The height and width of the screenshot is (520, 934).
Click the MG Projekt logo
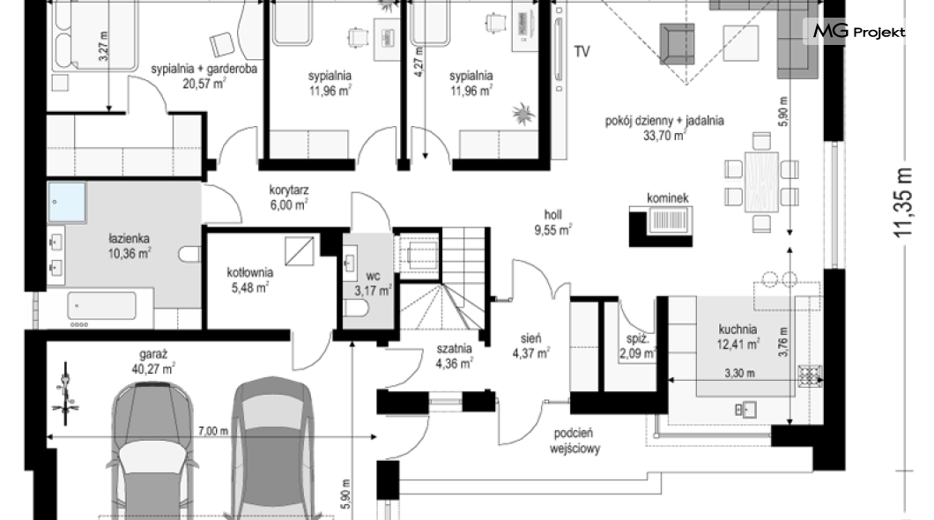pyautogui.click(x=859, y=31)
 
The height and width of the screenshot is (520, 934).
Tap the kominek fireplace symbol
pyautogui.click(x=662, y=225)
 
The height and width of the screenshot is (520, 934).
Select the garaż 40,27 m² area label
pyautogui.click(x=153, y=361)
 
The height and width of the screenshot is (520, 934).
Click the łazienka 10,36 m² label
pyautogui.click(x=130, y=246)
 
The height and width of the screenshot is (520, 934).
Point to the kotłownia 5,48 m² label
pyautogui.click(x=249, y=280)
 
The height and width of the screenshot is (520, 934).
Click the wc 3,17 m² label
pyautogui.click(x=373, y=284)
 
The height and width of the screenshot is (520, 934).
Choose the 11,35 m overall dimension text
pyautogui.click(x=904, y=202)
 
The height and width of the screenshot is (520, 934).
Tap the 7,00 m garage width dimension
pyautogui.click(x=212, y=431)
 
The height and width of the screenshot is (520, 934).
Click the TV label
pyautogui.click(x=582, y=51)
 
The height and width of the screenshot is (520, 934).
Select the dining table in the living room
pyautogui.click(x=761, y=182)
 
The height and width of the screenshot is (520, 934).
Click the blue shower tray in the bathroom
pyautogui.click(x=67, y=203)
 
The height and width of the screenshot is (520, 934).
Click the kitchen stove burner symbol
pyautogui.click(x=810, y=375)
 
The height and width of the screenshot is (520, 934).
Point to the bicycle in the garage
pyautogui.click(x=67, y=394)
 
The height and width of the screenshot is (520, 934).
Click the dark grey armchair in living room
pyautogui.click(x=678, y=44)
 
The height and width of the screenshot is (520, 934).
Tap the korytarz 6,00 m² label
pyautogui.click(x=288, y=197)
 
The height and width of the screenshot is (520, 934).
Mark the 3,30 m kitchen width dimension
pyautogui.click(x=739, y=374)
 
